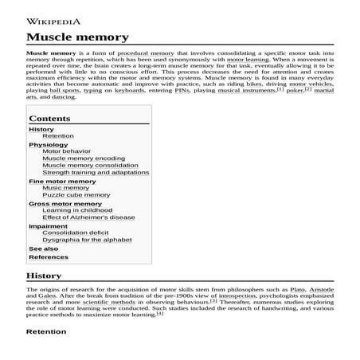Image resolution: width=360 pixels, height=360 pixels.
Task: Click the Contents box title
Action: click(x=49, y=117)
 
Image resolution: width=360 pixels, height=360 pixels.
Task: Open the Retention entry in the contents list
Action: click(x=58, y=135)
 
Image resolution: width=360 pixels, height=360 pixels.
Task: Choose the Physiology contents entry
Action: click(x=49, y=145)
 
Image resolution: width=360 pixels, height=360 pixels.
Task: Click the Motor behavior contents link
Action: click(x=66, y=151)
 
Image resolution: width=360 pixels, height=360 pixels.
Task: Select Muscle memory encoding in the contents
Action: click(x=83, y=158)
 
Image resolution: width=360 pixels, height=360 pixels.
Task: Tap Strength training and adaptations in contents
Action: click(x=95, y=172)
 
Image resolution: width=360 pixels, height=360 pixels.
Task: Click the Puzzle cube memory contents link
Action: click(x=76, y=194)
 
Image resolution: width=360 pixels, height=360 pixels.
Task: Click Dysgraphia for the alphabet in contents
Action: click(x=87, y=239)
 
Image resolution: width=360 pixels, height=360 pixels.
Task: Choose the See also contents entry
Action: click(x=43, y=248)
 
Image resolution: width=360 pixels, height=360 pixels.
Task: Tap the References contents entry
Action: click(x=48, y=257)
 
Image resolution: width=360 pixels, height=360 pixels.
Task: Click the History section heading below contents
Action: click(x=44, y=276)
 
